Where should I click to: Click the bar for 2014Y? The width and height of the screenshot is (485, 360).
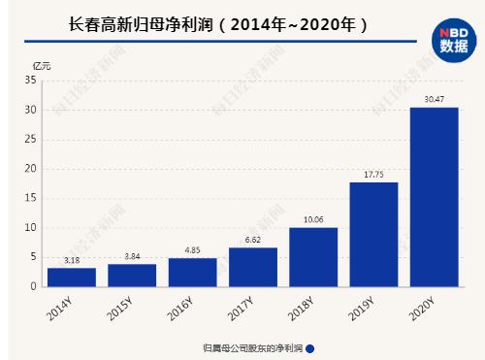click(72, 277)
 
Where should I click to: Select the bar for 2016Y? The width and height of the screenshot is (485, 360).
click(192, 272)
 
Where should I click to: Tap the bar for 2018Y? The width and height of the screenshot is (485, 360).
click(313, 257)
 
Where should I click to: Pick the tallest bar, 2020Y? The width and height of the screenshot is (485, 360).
click(434, 197)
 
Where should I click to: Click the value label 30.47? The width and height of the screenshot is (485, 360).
click(434, 100)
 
